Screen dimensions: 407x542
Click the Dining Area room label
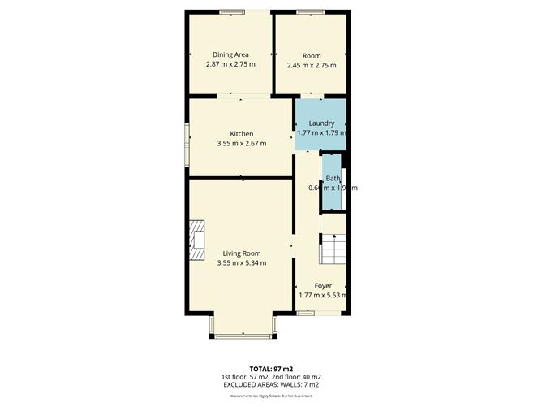[x=230, y=54]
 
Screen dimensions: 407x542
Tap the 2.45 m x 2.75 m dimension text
[x=311, y=64]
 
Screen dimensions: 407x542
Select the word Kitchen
[x=242, y=134]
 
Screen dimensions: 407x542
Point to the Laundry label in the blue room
[x=321, y=123]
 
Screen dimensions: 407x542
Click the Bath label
[x=333, y=179]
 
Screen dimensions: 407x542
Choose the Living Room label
[x=242, y=253]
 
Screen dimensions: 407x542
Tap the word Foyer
[x=323, y=286]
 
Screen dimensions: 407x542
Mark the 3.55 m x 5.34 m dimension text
[x=242, y=263]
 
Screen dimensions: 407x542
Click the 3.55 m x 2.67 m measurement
[x=242, y=144]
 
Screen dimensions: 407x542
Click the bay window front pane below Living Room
[x=243, y=333]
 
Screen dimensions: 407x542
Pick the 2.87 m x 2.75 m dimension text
[x=230, y=64]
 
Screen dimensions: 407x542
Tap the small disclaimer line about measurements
[x=271, y=396]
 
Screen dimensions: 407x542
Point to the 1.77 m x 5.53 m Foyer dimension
[x=323, y=296]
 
